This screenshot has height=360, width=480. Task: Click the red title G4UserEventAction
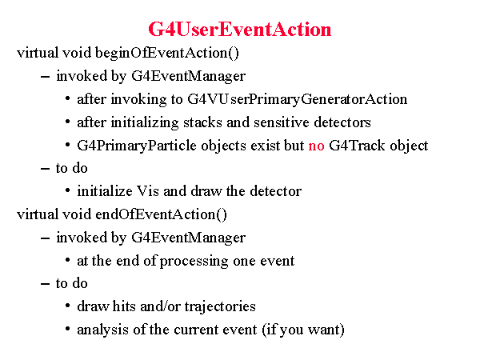click(x=240, y=30)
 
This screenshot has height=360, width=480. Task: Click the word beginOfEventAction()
click(x=167, y=53)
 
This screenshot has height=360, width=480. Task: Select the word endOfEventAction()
click(x=161, y=214)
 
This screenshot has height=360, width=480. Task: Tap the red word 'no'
click(x=316, y=146)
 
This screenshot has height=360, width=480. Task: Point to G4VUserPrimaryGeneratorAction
click(x=298, y=99)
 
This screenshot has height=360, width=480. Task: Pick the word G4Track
click(x=357, y=146)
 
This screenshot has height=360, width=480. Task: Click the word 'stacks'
click(x=202, y=122)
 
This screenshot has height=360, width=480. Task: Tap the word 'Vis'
click(x=148, y=191)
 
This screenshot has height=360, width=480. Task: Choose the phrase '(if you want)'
click(x=303, y=330)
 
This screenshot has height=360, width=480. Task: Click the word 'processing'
click(x=194, y=262)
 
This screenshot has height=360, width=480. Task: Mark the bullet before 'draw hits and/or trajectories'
click(x=68, y=306)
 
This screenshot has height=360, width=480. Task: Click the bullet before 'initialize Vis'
click(x=68, y=190)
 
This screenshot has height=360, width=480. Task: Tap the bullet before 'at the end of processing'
click(x=68, y=260)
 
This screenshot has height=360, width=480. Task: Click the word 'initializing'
click(x=145, y=122)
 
